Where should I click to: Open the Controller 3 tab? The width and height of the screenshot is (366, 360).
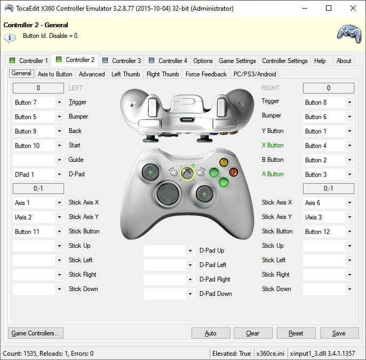coord(122,61)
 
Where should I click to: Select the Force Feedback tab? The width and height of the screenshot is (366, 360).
coord(206,74)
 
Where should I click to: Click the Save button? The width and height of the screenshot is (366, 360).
coord(339,333)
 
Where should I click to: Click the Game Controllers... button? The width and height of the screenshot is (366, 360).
coord(35,333)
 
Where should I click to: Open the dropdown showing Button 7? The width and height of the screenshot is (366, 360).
coord(38,103)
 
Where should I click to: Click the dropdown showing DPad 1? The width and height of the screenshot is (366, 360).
coord(38,174)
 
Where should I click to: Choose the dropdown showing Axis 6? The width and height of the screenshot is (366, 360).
coord(329,203)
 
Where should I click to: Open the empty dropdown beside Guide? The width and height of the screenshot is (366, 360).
coord(38,160)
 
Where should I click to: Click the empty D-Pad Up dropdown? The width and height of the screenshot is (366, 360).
coord(169,251)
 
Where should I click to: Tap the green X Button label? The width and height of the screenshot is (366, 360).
coord(273,145)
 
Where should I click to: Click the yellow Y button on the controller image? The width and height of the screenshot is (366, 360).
coord(224,162)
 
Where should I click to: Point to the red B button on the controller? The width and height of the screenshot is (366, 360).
coord(234,173)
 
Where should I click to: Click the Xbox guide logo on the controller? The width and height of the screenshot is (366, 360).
coord(187,173)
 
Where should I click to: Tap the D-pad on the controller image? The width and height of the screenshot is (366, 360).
coord(168,194)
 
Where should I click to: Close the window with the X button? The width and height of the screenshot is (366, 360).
coord(353,8)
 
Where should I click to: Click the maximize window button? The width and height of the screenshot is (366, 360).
coord(329,8)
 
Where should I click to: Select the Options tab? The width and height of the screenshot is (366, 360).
coord(203,61)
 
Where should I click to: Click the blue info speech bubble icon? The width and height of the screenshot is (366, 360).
coord(10,38)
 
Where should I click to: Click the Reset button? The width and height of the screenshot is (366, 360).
coord(296,333)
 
